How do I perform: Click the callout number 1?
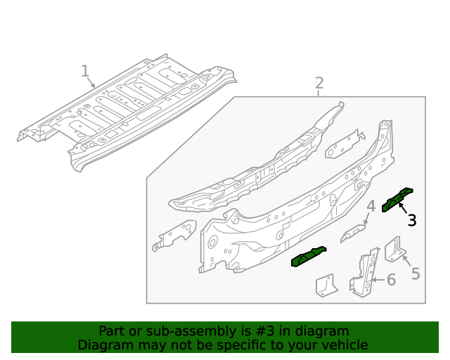click(85, 71)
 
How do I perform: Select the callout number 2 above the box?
click(319, 84)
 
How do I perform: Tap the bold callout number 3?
click(412, 221)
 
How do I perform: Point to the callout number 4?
click(370, 206)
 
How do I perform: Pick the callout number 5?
click(416, 274)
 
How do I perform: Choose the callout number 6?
click(391, 280)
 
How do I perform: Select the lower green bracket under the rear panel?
click(309, 257)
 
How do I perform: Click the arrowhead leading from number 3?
click(399, 203)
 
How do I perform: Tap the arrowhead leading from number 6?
click(373, 280)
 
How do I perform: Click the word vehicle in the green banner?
click(345, 345)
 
